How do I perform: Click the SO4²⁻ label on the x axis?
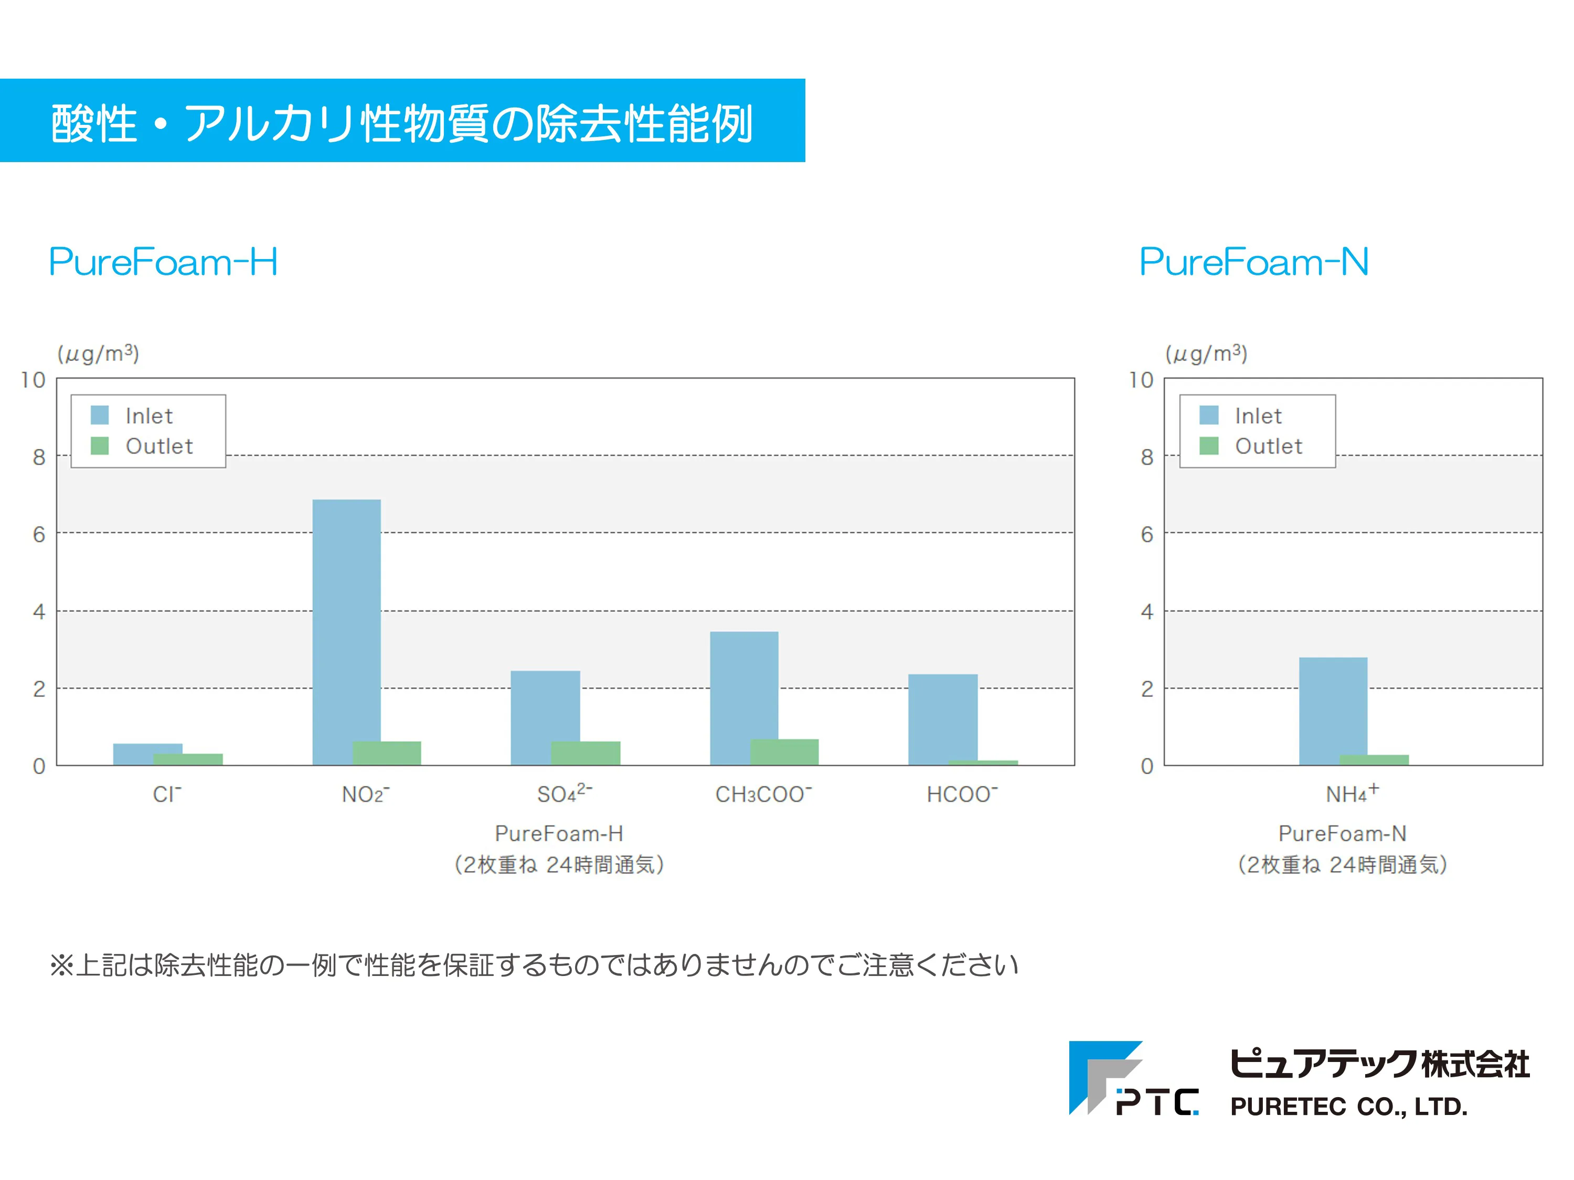pos(564,793)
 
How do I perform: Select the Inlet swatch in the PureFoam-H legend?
pos(100,415)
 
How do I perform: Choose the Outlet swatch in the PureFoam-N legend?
pos(1208,446)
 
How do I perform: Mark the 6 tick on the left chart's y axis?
pos(39,534)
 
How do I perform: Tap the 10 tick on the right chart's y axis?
pos(1141,380)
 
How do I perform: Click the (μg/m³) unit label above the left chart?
pos(98,353)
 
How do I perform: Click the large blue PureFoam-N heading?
pos(1254,262)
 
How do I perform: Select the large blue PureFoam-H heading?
pos(163,262)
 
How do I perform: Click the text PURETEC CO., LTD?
pos(1348,1107)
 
